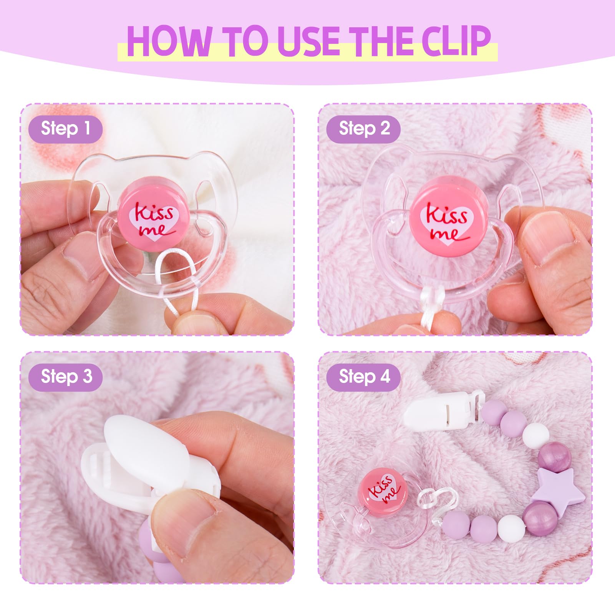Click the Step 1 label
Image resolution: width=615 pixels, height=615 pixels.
65,129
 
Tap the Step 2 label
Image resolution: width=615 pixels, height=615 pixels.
363,129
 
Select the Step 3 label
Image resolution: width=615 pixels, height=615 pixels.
65,377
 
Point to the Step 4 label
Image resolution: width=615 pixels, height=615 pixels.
363,377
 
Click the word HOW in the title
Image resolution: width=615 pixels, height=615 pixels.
169,41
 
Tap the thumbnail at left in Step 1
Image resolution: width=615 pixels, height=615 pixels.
83,255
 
